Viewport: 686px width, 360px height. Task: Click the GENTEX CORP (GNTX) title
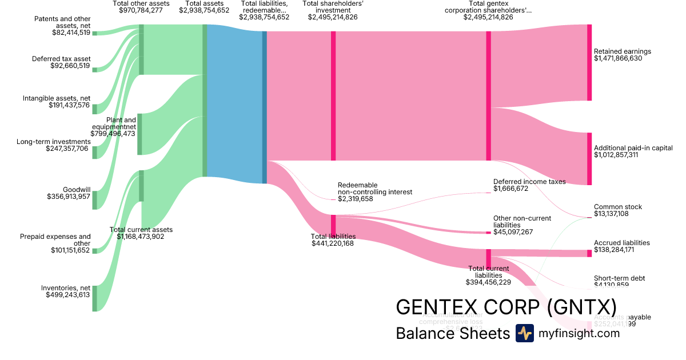pyautogui.click(x=506, y=306)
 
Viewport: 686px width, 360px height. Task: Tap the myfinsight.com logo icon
pyautogui.click(x=524, y=333)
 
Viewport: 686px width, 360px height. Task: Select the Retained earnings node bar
pyautogui.click(x=589, y=62)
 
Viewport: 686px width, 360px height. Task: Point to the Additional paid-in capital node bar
pyautogui.click(x=589, y=159)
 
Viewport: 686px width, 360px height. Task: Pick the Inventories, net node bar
pyautogui.click(x=95, y=298)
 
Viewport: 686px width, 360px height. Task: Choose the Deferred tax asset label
pyautogui.click(x=61, y=59)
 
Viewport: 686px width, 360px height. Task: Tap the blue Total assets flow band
pyautogui.click(x=234, y=103)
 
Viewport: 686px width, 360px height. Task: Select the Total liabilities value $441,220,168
pyautogui.click(x=333, y=243)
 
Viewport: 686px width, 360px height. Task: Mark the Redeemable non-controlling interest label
pyautogui.click(x=374, y=189)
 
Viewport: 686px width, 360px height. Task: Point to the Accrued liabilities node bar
pyautogui.click(x=589, y=253)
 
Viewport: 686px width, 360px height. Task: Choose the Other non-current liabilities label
pyautogui.click(x=522, y=222)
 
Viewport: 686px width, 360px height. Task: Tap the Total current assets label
pyautogui.click(x=141, y=230)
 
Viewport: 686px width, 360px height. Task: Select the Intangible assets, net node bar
pyautogui.click(x=95, y=109)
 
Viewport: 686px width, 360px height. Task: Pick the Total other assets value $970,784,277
pyautogui.click(x=141, y=10)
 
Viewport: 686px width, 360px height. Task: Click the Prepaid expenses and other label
pyautogui.click(x=55, y=240)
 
